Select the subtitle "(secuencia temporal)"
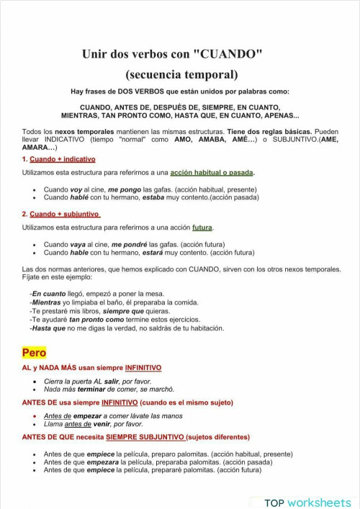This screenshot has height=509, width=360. (x=181, y=73)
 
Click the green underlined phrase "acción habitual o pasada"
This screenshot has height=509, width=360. (x=212, y=173)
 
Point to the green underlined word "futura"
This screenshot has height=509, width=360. (x=202, y=228)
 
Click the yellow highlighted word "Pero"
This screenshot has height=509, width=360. (x=34, y=352)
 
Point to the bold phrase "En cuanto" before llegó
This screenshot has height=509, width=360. (x=48, y=294)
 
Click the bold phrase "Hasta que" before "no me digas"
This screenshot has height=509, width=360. (x=48, y=328)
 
